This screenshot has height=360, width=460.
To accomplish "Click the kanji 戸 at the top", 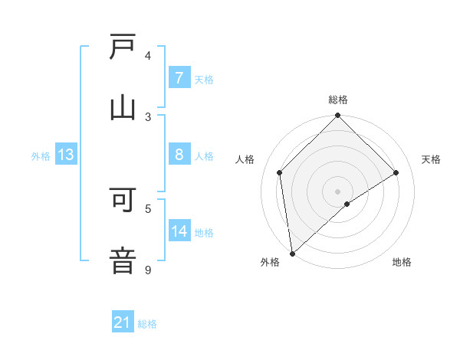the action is [123, 48].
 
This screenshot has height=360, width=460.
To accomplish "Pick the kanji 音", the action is [123, 258].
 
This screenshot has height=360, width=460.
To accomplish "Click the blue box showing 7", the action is [179, 78].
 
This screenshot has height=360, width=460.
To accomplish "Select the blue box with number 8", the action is [179, 155].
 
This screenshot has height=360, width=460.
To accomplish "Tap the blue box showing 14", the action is [179, 231].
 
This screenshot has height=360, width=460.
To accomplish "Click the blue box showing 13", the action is [66, 155].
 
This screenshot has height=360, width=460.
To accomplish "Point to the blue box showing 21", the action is [122, 322].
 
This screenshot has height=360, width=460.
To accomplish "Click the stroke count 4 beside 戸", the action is [148, 55].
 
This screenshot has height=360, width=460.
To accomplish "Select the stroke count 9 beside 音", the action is [148, 270].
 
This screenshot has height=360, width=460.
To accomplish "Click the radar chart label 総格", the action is [337, 100].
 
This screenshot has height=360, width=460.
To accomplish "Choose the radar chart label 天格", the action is [431, 159].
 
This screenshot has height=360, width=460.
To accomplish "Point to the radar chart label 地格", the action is [402, 262].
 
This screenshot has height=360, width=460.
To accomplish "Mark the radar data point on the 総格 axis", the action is [337, 116].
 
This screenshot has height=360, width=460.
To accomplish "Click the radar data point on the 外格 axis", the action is [291, 254].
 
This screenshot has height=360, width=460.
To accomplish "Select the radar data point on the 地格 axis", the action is [347, 204].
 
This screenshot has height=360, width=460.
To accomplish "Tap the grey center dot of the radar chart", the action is [337, 191].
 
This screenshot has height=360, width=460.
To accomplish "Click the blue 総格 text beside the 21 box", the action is [147, 324].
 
